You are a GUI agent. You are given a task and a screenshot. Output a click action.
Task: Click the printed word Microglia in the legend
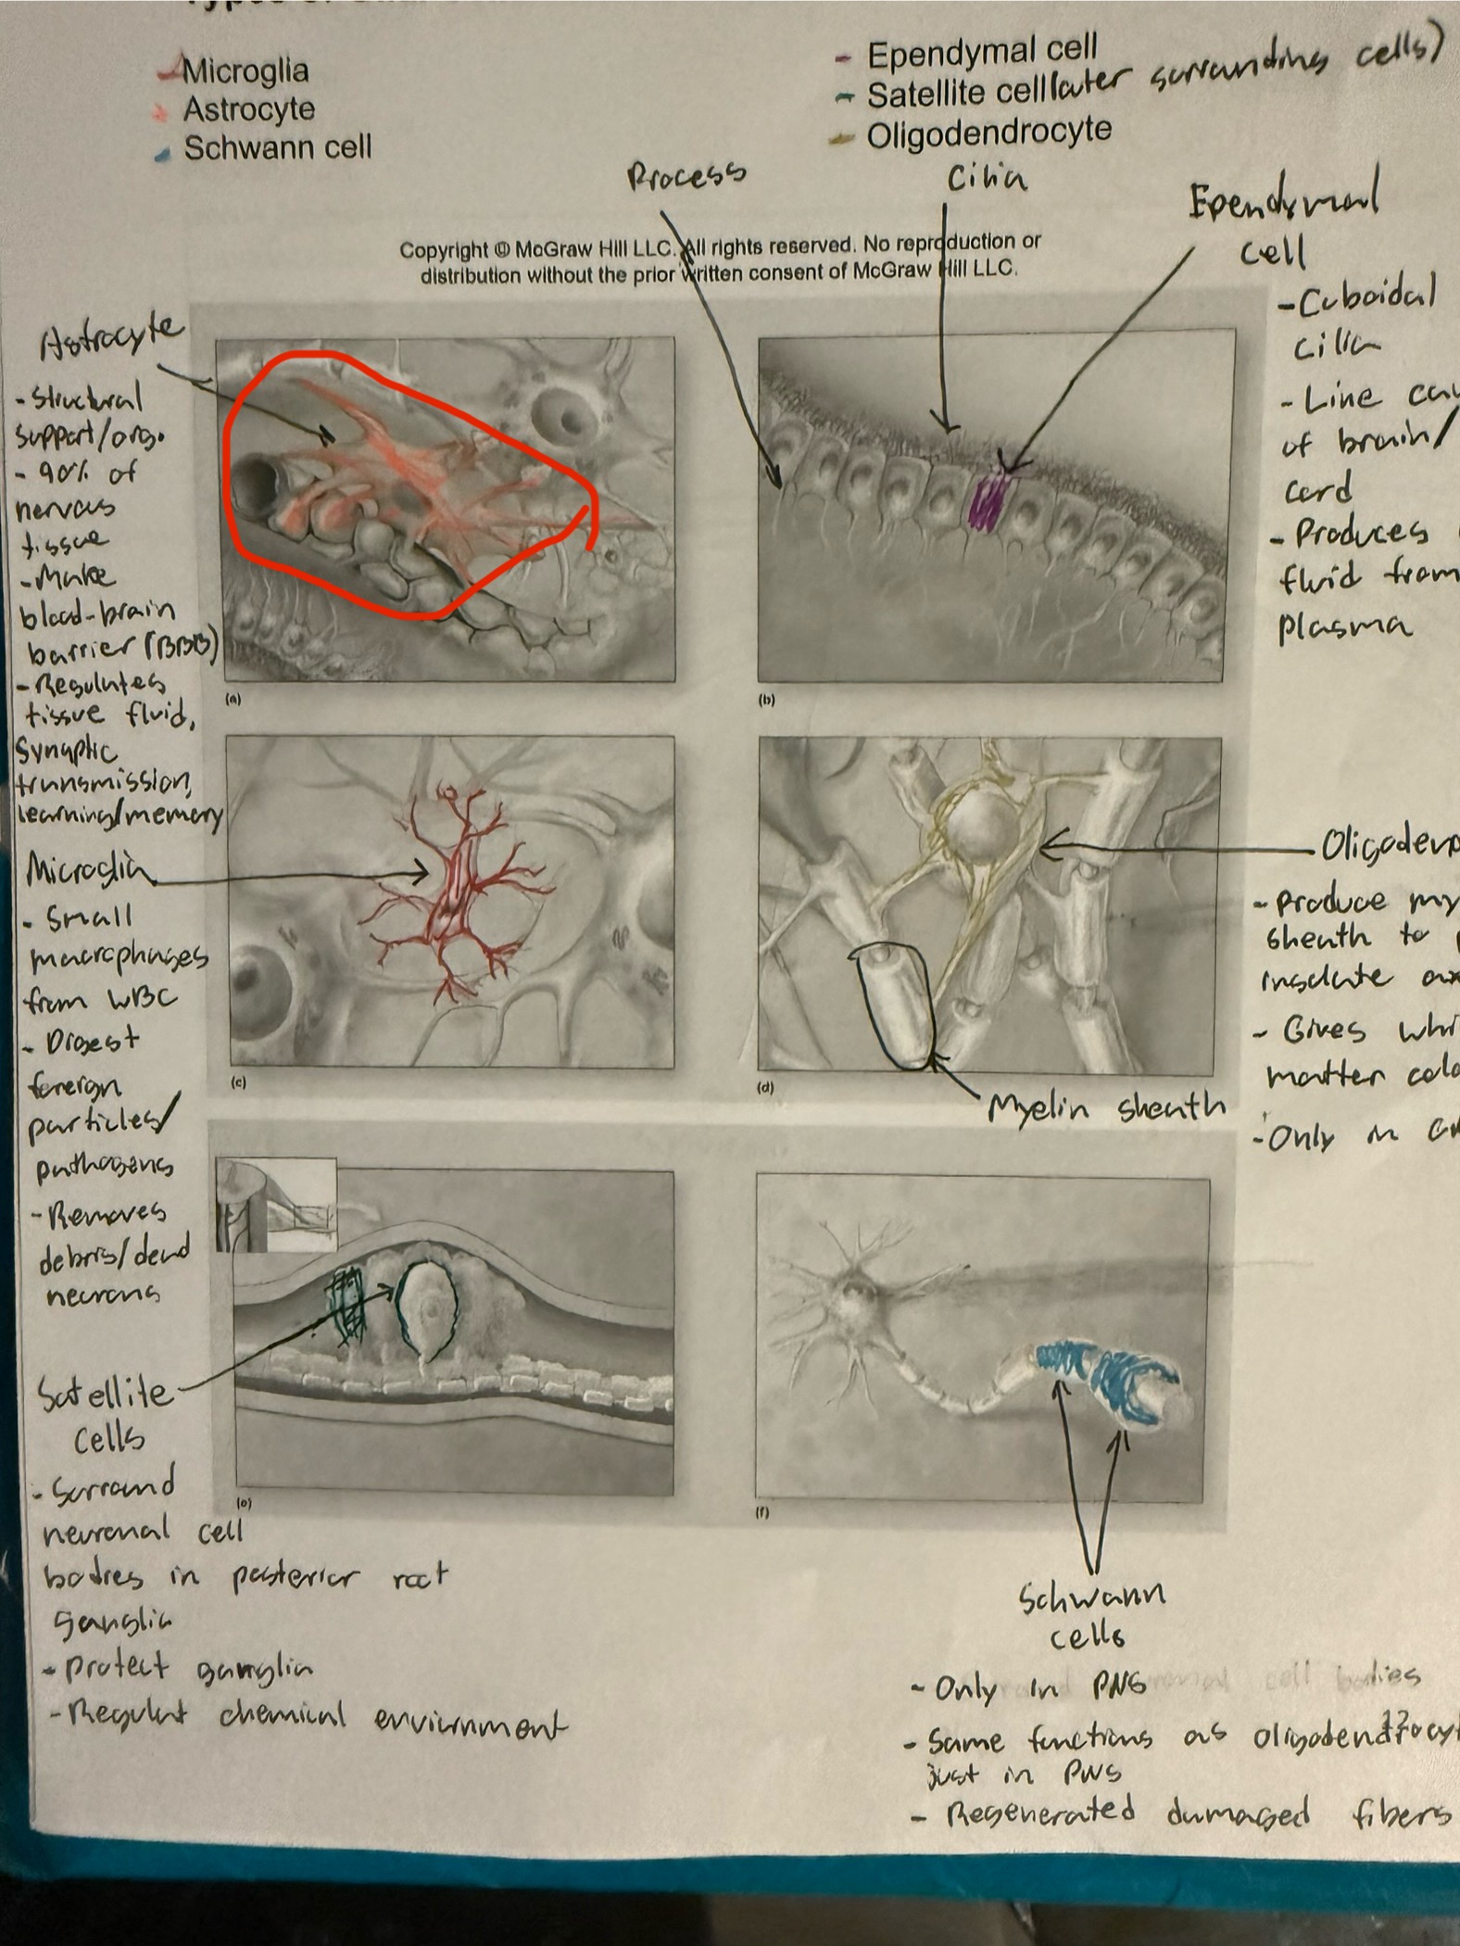pyautogui.click(x=245, y=70)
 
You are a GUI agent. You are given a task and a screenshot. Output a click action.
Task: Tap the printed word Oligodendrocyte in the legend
pyautogui.click(x=988, y=133)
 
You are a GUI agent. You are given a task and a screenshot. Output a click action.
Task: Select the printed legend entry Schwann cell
pyautogui.click(x=277, y=148)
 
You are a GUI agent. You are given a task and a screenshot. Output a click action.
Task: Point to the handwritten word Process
pyautogui.click(x=686, y=175)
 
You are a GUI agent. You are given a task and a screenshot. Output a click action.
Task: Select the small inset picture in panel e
pyautogui.click(x=276, y=1205)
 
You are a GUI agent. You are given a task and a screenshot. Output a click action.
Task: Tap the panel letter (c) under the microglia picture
pyautogui.click(x=239, y=1082)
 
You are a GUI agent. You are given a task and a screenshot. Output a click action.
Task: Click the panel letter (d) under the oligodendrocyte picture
pyautogui.click(x=766, y=1088)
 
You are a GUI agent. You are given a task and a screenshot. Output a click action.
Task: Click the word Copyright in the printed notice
pyautogui.click(x=443, y=250)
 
